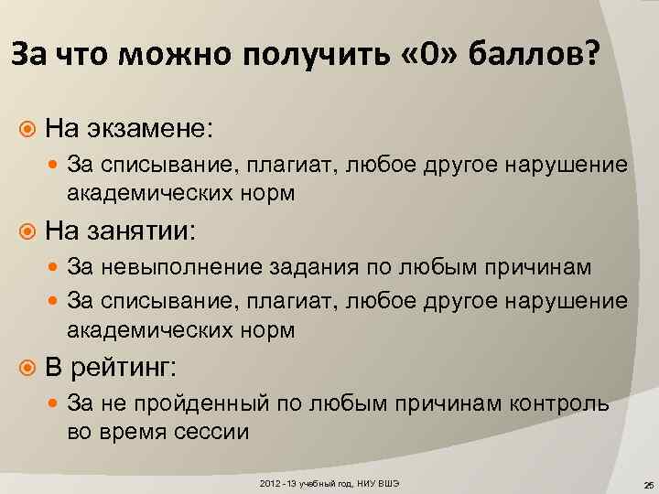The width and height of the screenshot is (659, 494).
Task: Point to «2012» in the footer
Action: [x=270, y=480]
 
